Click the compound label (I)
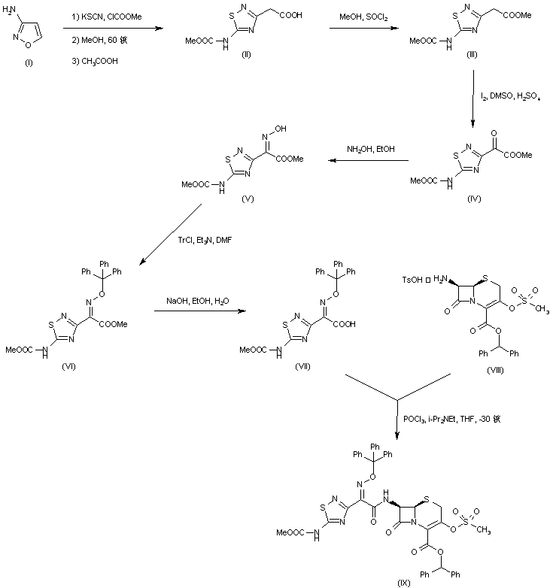coord(29,64)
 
